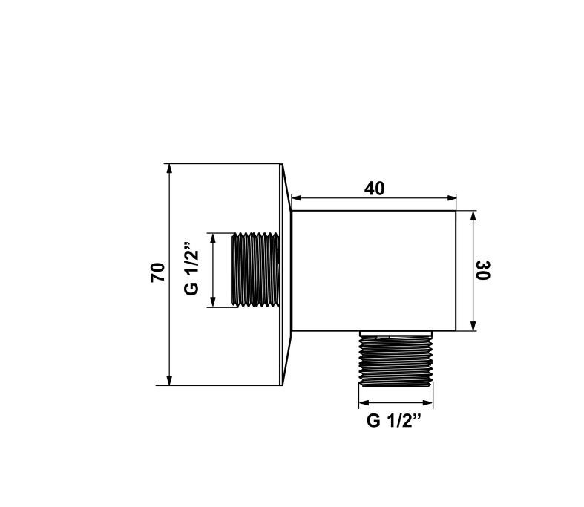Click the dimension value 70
point(157,272)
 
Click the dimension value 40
point(374,189)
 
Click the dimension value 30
point(483,270)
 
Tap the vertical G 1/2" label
point(191,268)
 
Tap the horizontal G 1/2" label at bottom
point(394,420)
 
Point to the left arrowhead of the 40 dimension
point(296,197)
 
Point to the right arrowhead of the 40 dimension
point(451,197)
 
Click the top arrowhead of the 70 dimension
point(169,169)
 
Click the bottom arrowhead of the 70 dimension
point(169,381)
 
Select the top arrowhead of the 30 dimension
point(473,216)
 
